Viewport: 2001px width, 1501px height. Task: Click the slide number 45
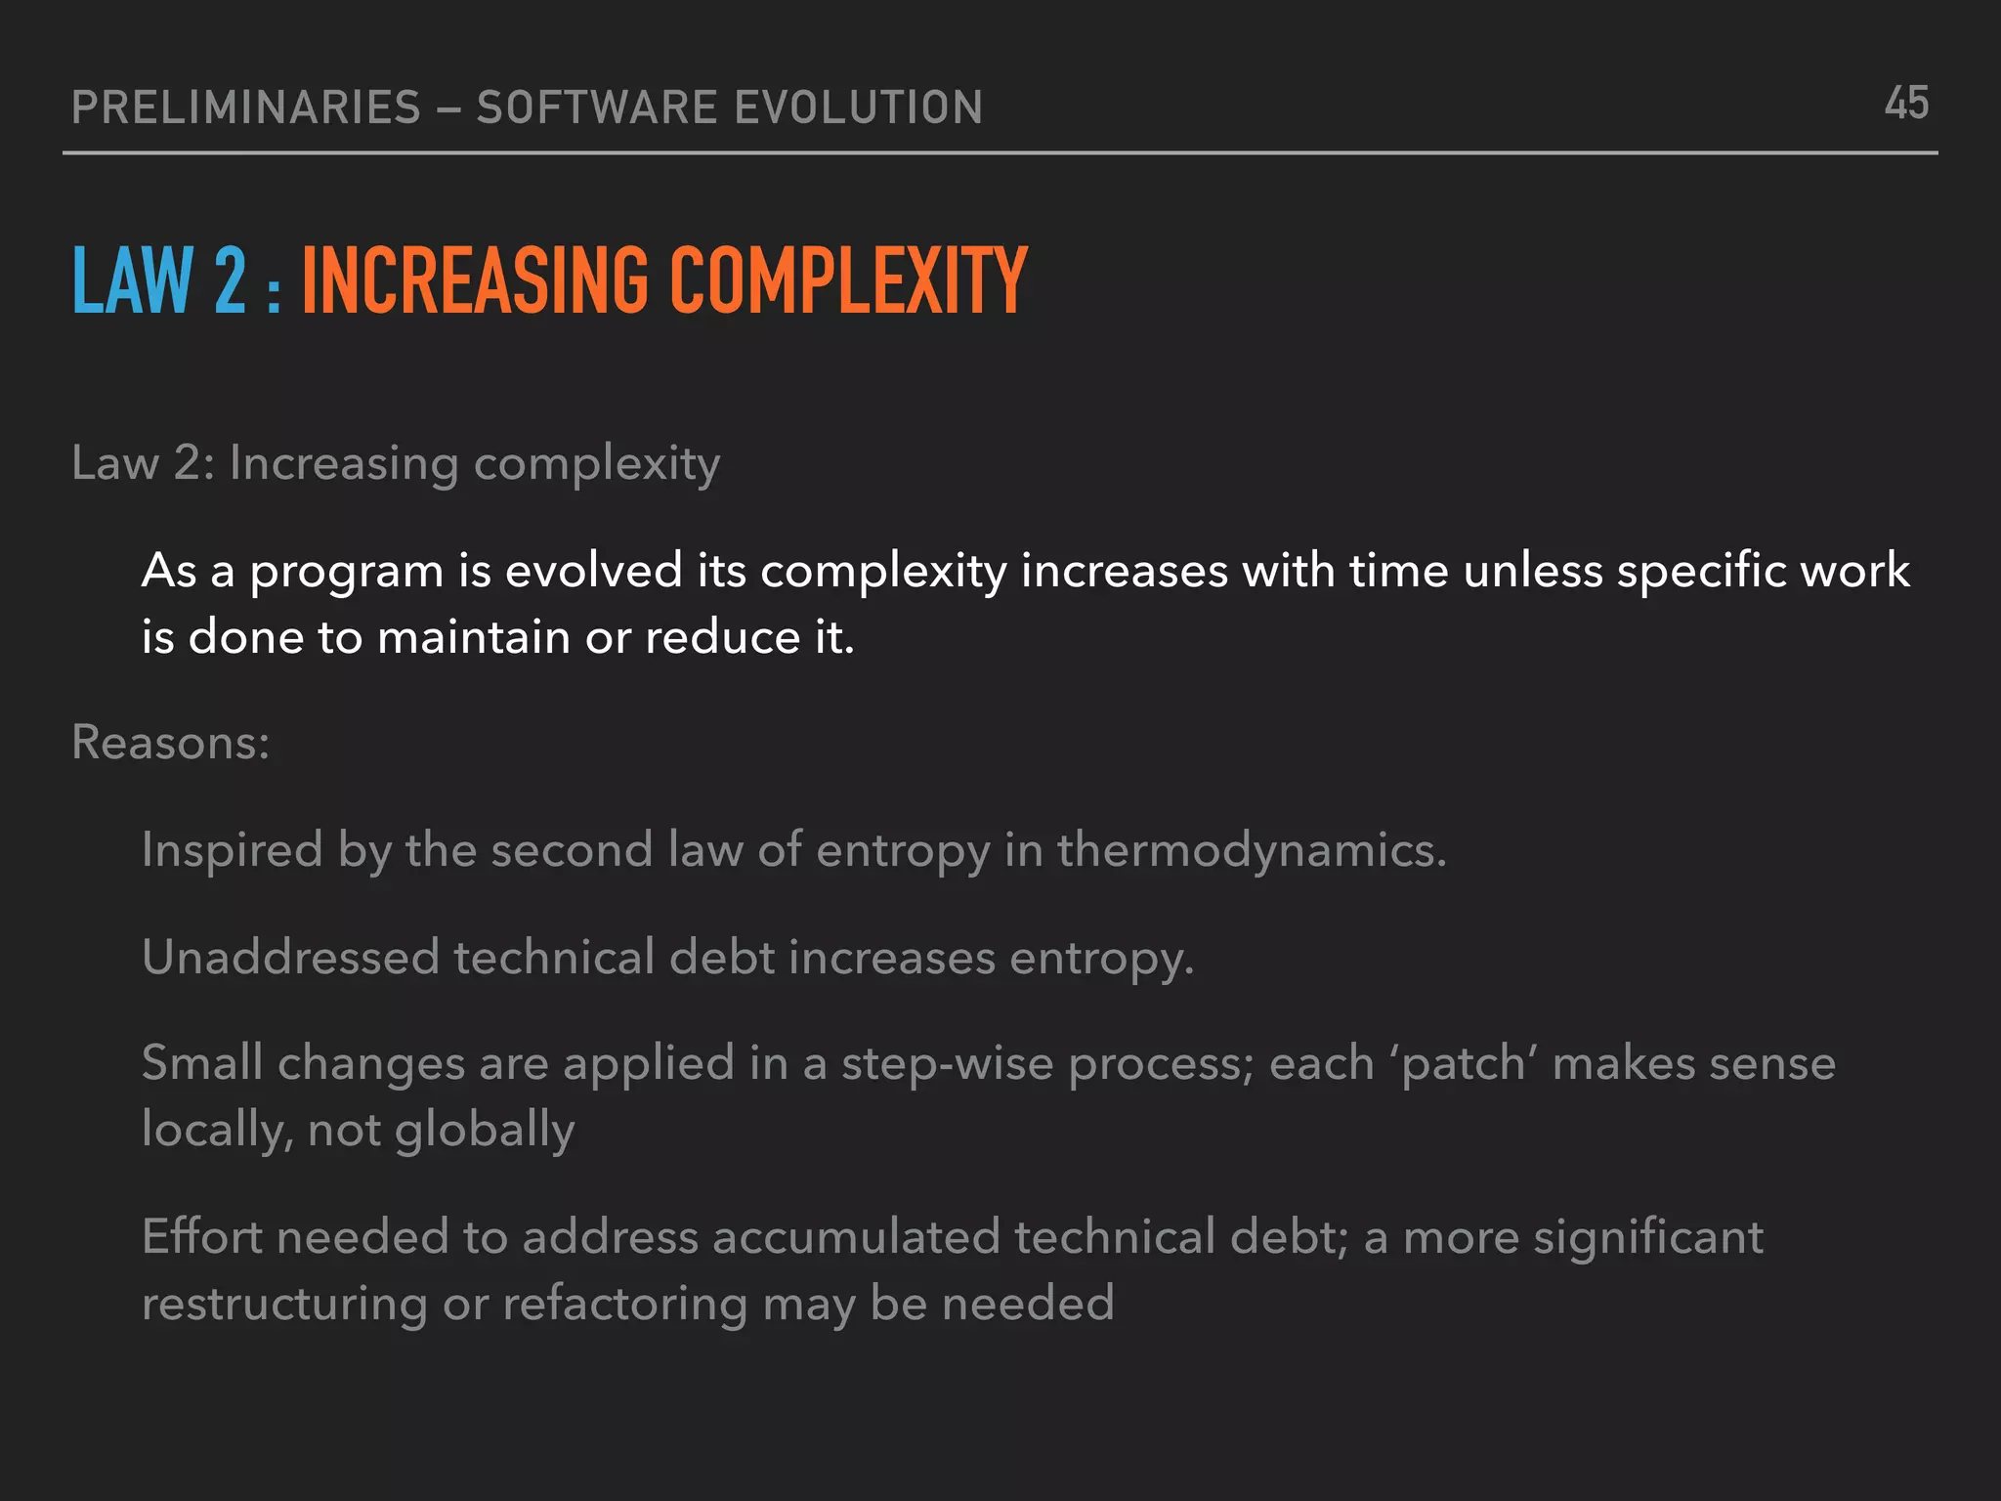[x=1906, y=104]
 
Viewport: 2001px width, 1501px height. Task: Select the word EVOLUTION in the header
[x=858, y=107]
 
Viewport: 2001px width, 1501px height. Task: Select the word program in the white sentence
[x=347, y=573]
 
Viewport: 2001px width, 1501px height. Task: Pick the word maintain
[x=474, y=638]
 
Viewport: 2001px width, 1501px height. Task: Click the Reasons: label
[x=171, y=743]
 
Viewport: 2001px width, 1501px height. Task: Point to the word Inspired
[x=233, y=850]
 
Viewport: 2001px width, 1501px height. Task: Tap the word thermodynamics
[x=1251, y=850]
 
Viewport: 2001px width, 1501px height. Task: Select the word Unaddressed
[x=290, y=957]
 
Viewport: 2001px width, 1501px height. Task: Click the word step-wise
[x=947, y=1064]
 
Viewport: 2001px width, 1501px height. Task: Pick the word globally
[x=485, y=1131]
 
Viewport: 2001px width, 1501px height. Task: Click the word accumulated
[x=856, y=1237]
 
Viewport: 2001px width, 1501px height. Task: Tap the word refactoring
[x=625, y=1305]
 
